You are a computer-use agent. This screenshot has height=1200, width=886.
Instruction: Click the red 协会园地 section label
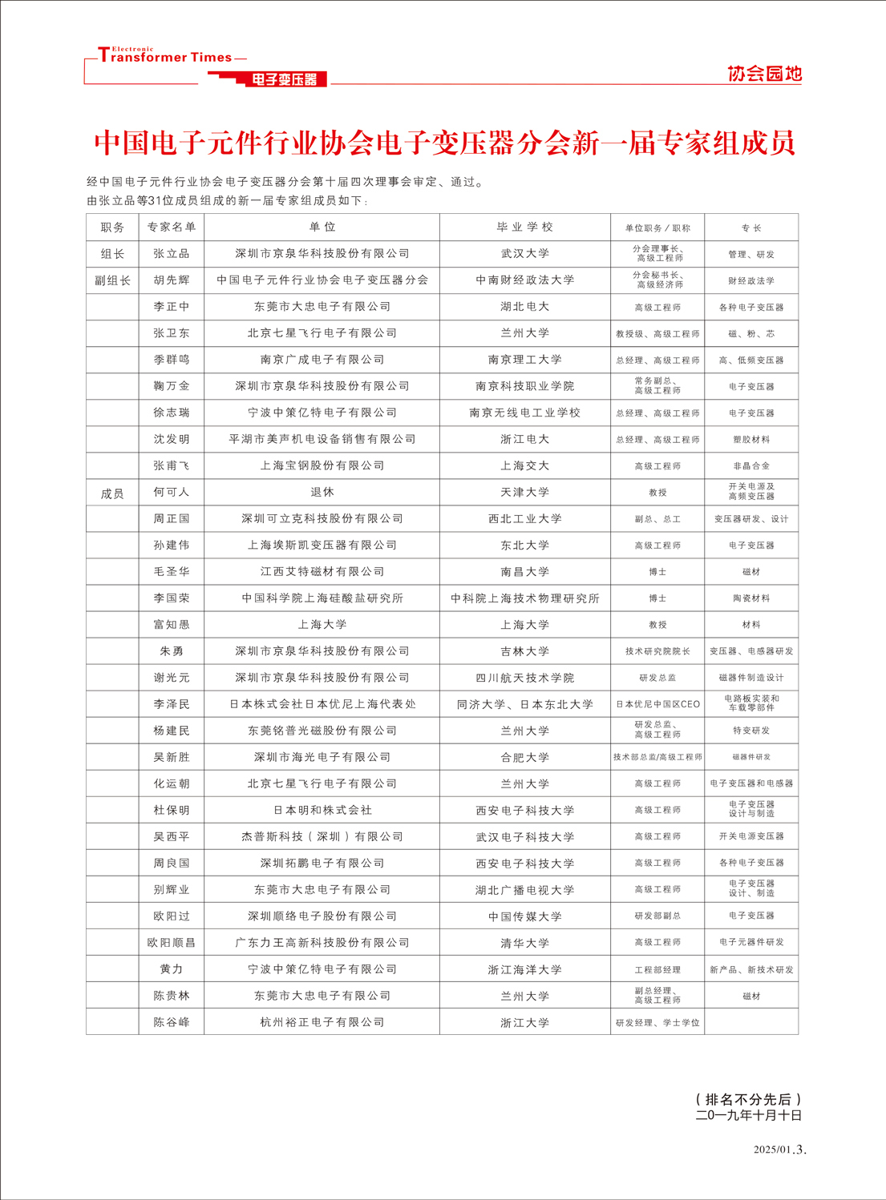[x=763, y=74]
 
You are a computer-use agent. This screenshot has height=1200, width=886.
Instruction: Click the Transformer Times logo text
[x=164, y=57]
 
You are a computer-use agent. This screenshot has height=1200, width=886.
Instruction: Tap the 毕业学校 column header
[x=524, y=228]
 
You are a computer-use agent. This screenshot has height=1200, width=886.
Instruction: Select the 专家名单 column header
[x=171, y=228]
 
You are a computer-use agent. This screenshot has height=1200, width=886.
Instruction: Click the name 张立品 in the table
[x=171, y=254]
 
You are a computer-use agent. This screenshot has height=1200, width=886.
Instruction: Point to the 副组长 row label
[x=112, y=280]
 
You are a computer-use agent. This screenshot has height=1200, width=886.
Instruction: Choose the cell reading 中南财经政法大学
[x=524, y=280]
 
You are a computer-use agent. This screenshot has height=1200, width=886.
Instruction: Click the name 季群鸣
[x=171, y=360]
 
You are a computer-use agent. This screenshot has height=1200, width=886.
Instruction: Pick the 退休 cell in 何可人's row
[x=322, y=492]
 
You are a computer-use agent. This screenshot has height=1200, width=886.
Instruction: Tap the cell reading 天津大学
[x=524, y=492]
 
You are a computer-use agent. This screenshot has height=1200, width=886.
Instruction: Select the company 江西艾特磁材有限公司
[x=322, y=571]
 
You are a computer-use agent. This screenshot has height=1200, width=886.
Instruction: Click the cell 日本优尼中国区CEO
[x=657, y=704]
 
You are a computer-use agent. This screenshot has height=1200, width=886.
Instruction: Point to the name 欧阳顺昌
[x=171, y=943]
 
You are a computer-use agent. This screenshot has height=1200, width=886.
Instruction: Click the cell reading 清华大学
[x=524, y=943]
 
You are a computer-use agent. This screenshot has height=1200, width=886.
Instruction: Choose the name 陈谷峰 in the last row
[x=171, y=1022]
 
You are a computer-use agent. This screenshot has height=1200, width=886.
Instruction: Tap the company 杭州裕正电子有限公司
[x=322, y=1022]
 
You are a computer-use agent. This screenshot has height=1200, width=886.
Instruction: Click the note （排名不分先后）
[x=749, y=1099]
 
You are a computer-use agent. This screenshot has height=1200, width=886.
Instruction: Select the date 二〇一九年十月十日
[x=749, y=1115]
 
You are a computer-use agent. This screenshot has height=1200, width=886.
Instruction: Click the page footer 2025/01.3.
[x=779, y=1150]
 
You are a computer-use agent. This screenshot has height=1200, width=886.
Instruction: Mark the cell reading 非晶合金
[x=751, y=465]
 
